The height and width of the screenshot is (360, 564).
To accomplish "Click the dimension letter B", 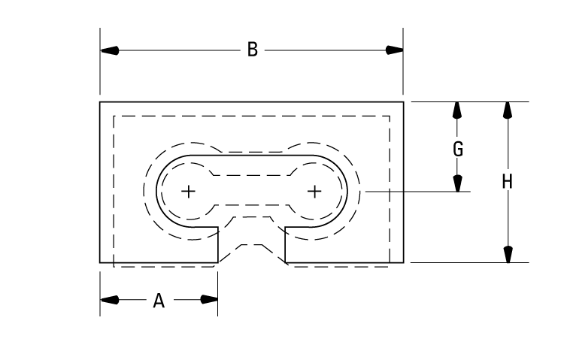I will (x=253, y=50).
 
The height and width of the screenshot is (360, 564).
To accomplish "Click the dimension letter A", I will (x=159, y=301).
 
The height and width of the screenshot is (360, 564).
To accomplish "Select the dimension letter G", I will (x=457, y=148).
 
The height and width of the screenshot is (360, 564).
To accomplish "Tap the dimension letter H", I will (x=508, y=181).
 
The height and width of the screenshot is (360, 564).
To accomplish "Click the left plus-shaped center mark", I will (x=188, y=191).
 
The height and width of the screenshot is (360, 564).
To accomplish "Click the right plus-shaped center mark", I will (x=314, y=191).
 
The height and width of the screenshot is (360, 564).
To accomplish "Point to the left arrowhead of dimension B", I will (x=110, y=50).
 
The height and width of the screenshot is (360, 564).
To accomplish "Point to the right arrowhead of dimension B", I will (x=394, y=50).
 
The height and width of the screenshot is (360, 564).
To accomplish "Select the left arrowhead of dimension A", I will (x=110, y=300).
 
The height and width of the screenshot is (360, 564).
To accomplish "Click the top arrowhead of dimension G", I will (x=456, y=110).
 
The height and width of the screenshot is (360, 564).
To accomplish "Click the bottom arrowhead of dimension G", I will (x=456, y=183).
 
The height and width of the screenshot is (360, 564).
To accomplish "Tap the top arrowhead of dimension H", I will (x=508, y=110).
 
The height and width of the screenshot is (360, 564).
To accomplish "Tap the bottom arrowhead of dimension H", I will (x=508, y=254).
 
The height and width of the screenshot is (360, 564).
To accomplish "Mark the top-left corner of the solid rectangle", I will (x=100, y=101).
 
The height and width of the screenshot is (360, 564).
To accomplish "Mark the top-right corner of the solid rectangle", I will (x=404, y=101).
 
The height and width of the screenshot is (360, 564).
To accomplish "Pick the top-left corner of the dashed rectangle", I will (x=113, y=116).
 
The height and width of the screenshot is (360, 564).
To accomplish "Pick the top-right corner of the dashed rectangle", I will (x=390, y=116).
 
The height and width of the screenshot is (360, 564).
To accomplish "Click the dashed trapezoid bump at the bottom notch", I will (x=251, y=247).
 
